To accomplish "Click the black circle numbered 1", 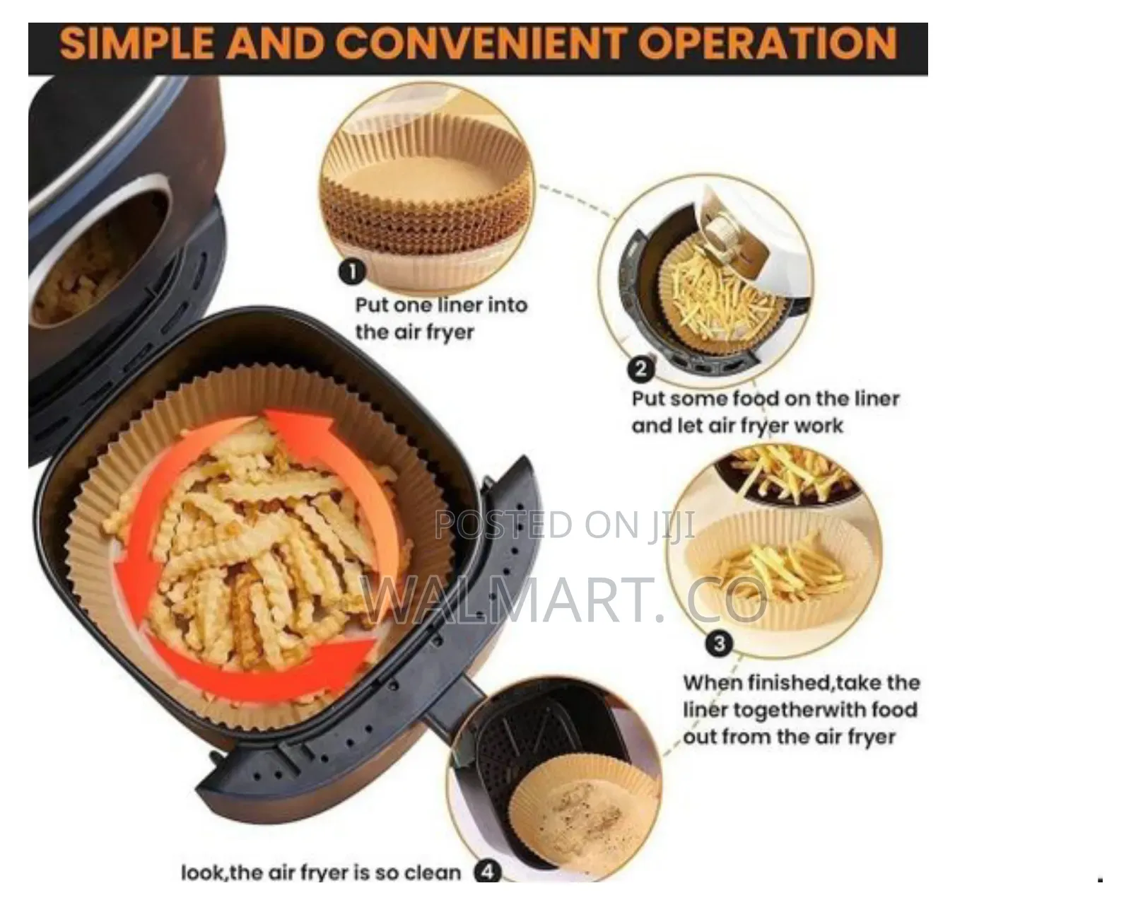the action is tap(352, 272).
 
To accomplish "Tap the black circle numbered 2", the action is tap(640, 369).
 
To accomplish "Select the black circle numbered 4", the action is tap(488, 872).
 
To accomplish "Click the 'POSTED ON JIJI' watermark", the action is tap(565, 525).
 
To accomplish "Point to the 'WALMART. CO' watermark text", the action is tap(565, 600).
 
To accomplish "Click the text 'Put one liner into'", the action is tap(442, 305).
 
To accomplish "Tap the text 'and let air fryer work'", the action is tap(737, 426).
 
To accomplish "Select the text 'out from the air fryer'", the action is tap(790, 737).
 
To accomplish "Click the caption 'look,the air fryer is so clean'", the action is tap(321, 872).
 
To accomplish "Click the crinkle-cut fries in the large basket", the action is tap(252, 547).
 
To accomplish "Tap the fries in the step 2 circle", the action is tap(721, 300).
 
